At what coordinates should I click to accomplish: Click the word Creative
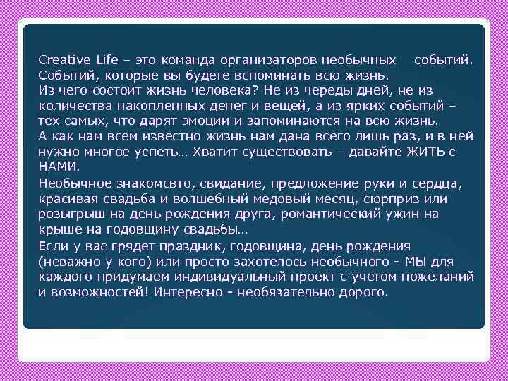[62, 59]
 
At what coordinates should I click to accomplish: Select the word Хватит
[231, 152]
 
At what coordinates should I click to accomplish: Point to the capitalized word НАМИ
[59, 167]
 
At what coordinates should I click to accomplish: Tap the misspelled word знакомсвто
[131, 183]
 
